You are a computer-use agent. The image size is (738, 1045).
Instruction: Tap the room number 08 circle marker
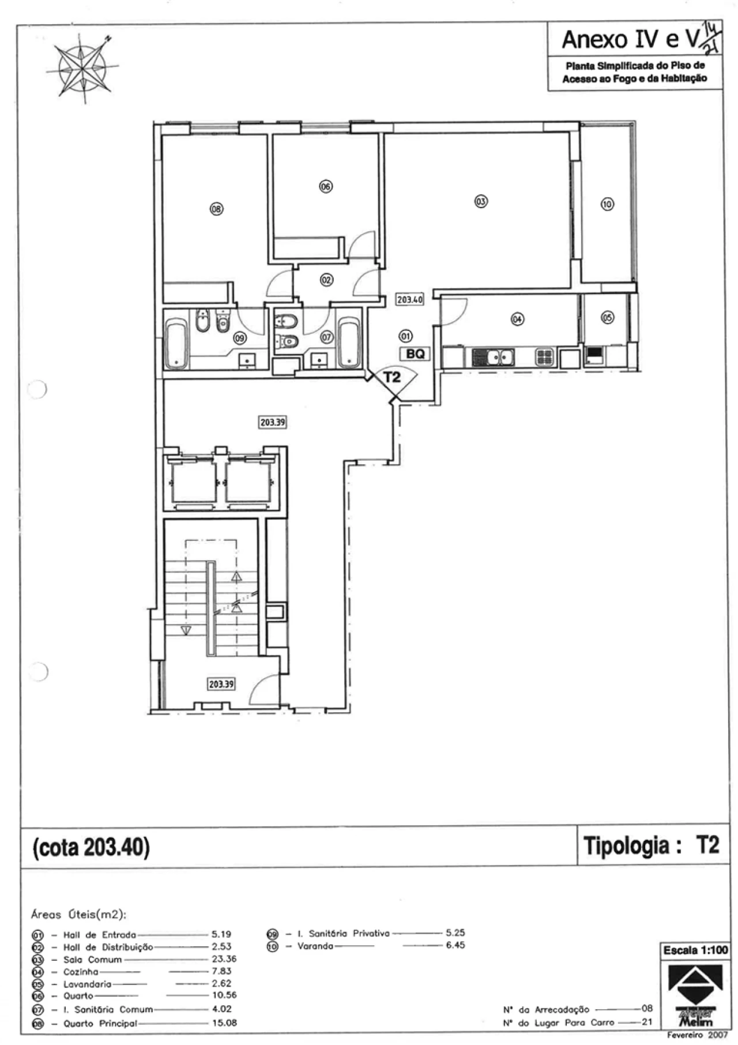pyautogui.click(x=216, y=209)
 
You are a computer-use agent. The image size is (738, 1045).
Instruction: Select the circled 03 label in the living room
pyautogui.click(x=481, y=201)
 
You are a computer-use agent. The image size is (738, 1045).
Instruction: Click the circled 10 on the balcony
pyautogui.click(x=607, y=204)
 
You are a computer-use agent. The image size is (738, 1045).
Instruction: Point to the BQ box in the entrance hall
pyautogui.click(x=415, y=354)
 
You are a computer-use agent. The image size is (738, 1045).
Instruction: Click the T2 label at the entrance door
pyautogui.click(x=392, y=378)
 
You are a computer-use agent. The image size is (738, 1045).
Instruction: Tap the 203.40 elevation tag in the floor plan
pyautogui.click(x=409, y=300)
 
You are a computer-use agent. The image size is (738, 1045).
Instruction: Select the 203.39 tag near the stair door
pyautogui.click(x=221, y=684)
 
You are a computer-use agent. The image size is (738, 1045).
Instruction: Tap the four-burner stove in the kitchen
pyautogui.click(x=545, y=358)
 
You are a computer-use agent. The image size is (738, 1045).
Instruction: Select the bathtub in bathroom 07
pyautogui.click(x=348, y=344)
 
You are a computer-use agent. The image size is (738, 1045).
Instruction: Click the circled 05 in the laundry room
pyautogui.click(x=607, y=317)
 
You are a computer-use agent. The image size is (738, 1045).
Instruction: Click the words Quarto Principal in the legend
pyautogui.click(x=100, y=1023)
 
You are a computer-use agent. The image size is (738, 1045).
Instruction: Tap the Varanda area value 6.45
pyautogui.click(x=455, y=945)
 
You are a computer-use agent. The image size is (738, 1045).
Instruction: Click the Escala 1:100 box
pyautogui.click(x=695, y=950)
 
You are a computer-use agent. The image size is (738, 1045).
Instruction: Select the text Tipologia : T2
pyautogui.click(x=652, y=845)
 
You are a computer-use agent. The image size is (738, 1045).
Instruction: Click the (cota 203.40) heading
pyautogui.click(x=91, y=847)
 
